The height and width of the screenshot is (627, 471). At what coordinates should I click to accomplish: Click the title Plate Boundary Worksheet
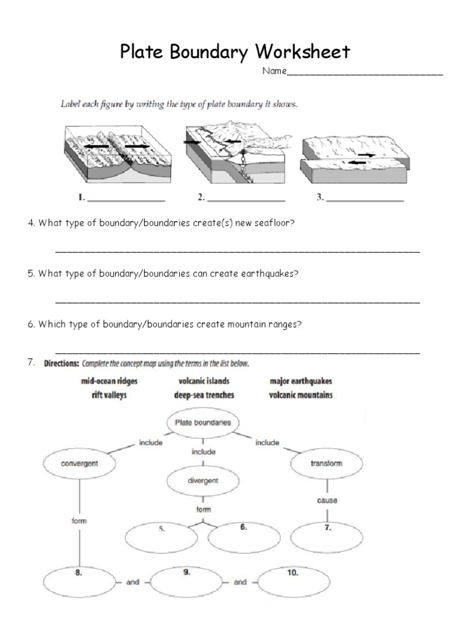pos(235,51)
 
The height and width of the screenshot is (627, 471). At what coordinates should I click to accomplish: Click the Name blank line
pos(364,73)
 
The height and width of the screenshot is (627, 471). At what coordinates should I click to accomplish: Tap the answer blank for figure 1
pos(127,200)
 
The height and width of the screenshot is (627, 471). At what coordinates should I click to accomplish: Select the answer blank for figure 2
pos(247,200)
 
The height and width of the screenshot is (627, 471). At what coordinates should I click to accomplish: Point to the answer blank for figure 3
pos(366,200)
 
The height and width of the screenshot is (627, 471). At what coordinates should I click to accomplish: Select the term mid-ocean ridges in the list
pos(109,381)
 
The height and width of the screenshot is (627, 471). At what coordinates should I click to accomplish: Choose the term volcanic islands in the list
pos(204,381)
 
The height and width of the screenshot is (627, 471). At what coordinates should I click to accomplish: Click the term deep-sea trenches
pos(204,395)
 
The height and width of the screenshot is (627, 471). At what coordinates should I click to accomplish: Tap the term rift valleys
pos(109,395)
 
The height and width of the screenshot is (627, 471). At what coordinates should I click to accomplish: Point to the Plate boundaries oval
pos(203,422)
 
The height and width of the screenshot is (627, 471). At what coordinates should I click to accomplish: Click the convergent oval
pos(79,464)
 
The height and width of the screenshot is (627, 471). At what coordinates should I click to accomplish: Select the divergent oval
pos(203,481)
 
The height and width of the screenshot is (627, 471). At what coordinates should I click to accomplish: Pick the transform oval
pos(326,464)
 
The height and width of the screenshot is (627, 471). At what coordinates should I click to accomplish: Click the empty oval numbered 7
pos(327,537)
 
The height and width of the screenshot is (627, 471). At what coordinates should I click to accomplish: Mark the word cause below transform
pos(327,500)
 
